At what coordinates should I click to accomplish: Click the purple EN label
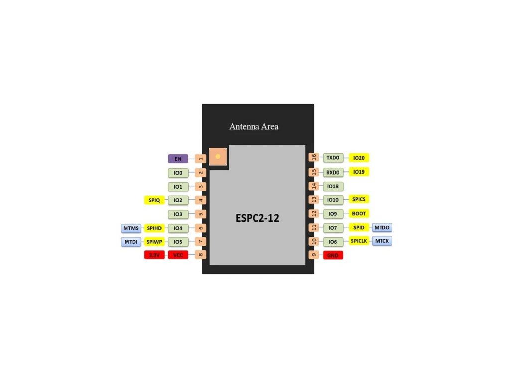(178, 159)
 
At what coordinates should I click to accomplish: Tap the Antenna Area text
(254, 127)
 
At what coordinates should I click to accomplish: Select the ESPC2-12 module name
(257, 218)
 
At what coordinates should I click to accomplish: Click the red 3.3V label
(154, 255)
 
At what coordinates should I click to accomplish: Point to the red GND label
(333, 255)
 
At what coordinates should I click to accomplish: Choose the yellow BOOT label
(359, 214)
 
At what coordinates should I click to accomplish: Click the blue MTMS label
(131, 228)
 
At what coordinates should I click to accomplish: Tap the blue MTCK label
(382, 241)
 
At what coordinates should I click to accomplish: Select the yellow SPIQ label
(154, 200)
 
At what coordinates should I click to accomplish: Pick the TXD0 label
(333, 158)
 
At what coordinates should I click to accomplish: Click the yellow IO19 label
(359, 172)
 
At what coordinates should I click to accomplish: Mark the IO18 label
(333, 186)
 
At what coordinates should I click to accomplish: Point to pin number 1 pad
(201, 159)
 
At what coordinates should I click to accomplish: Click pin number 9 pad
(313, 255)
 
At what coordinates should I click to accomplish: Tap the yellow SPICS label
(359, 199)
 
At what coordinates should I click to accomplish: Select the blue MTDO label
(382, 228)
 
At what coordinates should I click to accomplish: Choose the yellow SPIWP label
(154, 242)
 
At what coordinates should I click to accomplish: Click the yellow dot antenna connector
(217, 156)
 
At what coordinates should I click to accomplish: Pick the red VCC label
(178, 255)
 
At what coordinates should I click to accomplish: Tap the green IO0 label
(178, 173)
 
